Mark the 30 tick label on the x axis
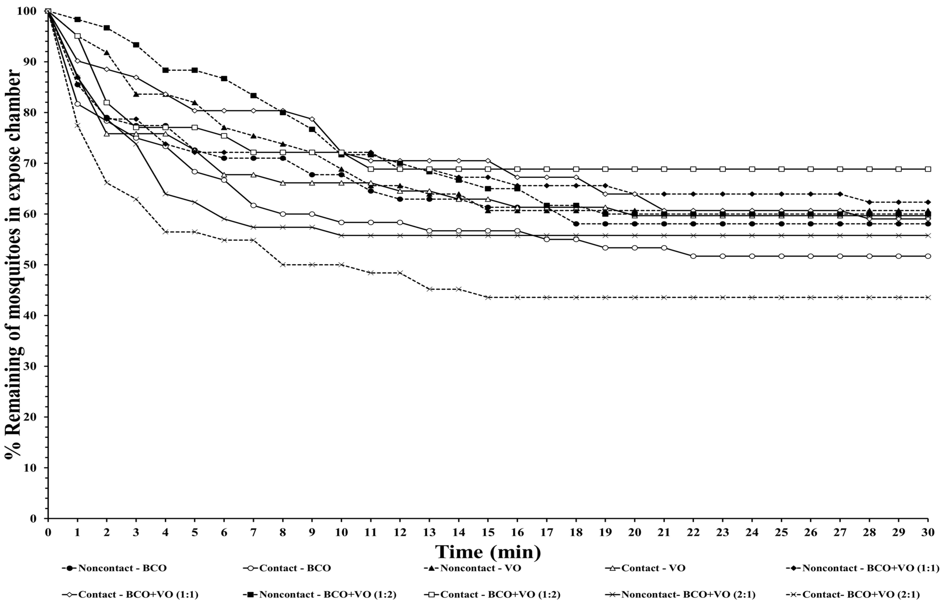coord(928,532)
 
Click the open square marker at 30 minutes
coord(928,169)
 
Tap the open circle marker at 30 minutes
coord(928,256)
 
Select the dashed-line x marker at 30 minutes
coord(928,297)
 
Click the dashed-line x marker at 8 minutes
coord(283,265)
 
